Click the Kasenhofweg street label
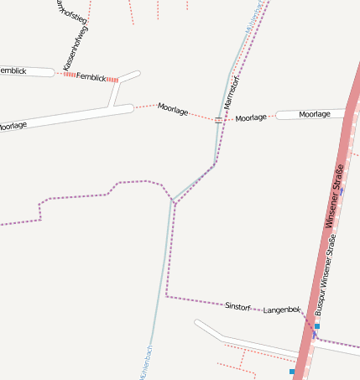pos(75,48)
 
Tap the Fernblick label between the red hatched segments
pos(91,77)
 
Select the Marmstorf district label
pos(232,92)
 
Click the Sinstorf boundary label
pos(237,305)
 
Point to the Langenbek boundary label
pos(281,310)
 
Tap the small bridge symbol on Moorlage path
pos(218,120)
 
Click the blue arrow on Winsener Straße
pos(342,191)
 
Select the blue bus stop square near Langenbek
pos(317,325)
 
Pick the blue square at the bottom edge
pos(292,371)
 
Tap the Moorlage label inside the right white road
pos(314,114)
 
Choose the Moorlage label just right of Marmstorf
pos(251,118)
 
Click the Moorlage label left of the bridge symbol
pos(173,108)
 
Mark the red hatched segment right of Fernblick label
pos(112,79)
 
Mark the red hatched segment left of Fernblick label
pos(68,75)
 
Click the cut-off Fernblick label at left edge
pos(13,71)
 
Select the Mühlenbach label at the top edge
pos(254,15)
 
